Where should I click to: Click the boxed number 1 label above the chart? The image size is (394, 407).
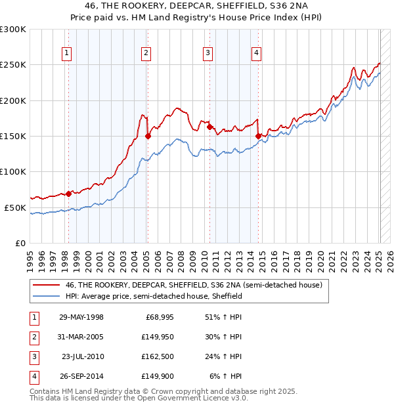coord(68,54)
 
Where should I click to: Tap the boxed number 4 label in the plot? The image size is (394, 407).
coord(256,54)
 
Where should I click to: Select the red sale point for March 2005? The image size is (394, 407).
coord(148,137)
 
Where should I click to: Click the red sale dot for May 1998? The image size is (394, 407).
coord(68,194)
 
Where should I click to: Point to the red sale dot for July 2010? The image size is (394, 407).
coord(209,127)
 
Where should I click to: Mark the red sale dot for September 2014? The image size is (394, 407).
coord(258,137)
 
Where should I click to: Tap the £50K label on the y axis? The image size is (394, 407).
coord(15,207)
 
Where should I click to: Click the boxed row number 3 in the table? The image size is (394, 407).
coord(33,356)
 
